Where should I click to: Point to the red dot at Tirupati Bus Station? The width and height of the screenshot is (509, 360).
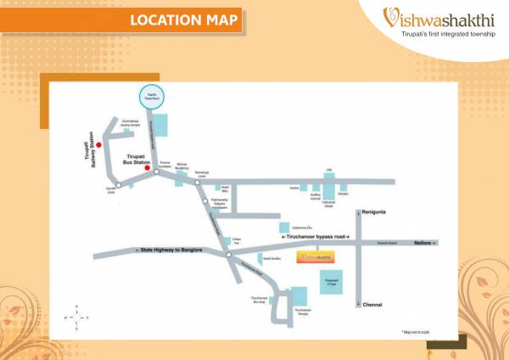coord(148,168)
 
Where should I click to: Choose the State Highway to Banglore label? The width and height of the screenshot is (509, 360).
coord(168,249)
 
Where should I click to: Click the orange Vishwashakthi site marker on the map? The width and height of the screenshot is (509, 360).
coord(313,256)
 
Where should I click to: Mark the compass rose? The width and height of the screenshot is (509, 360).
coord(77,315)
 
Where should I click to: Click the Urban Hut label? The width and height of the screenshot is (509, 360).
coord(224,242)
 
